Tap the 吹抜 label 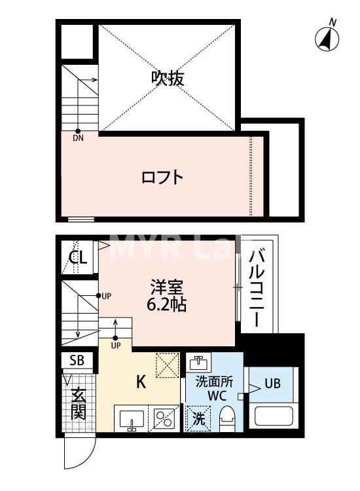tap(168, 78)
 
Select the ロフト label tap(162, 177)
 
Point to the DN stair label tap(78, 138)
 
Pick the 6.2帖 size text tap(168, 304)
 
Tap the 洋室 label tap(167, 287)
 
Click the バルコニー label tap(257, 287)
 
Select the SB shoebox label tap(77, 360)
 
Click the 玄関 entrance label tap(78, 404)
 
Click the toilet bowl tap(227, 418)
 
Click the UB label tap(273, 384)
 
